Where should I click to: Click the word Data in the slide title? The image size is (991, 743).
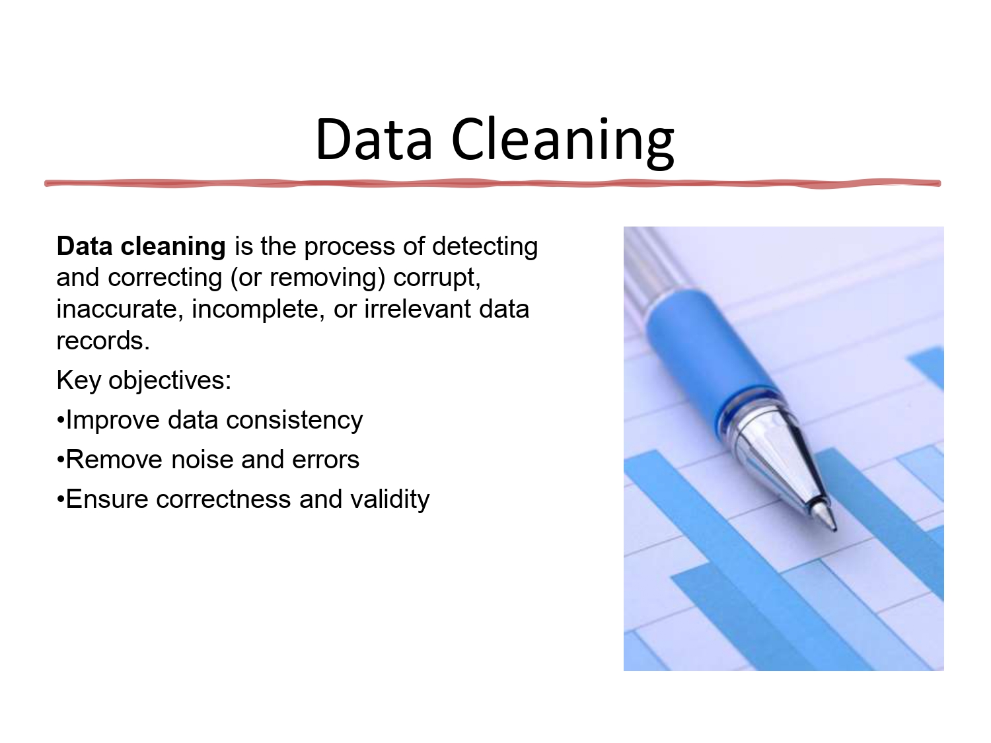pyautogui.click(x=374, y=139)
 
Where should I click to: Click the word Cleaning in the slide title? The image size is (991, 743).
pyautogui.click(x=562, y=139)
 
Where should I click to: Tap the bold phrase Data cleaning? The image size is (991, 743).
pyautogui.click(x=141, y=246)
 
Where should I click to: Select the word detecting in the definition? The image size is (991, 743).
pyautogui.click(x=485, y=246)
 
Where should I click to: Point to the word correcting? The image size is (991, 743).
pyautogui.click(x=165, y=277)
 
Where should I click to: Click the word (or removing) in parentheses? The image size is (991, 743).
pyautogui.click(x=307, y=277)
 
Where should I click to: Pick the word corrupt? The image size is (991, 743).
pyautogui.click(x=436, y=277)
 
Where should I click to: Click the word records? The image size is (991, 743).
pyautogui.click(x=103, y=341)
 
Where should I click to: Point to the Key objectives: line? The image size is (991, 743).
pyautogui.click(x=144, y=380)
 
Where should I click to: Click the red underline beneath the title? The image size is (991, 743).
pyautogui.click(x=492, y=183)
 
